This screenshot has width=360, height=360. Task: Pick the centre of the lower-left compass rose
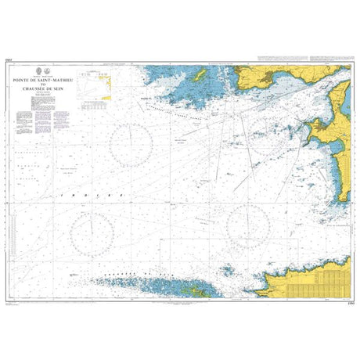[92, 232]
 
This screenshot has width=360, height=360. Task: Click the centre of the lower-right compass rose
[248, 228]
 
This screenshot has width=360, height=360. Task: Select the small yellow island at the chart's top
[199, 74]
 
